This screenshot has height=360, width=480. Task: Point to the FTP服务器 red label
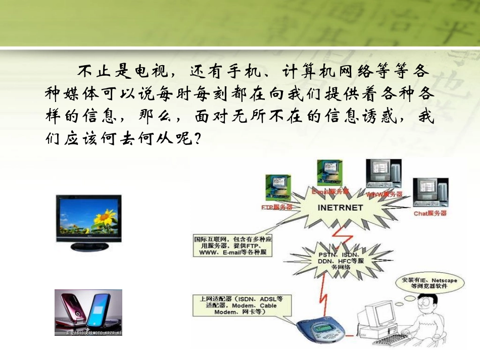tap(277, 207)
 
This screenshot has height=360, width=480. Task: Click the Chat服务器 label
tap(430, 213)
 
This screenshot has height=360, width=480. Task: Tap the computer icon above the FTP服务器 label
tap(277, 187)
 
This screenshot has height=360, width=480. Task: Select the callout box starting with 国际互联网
tap(232, 245)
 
